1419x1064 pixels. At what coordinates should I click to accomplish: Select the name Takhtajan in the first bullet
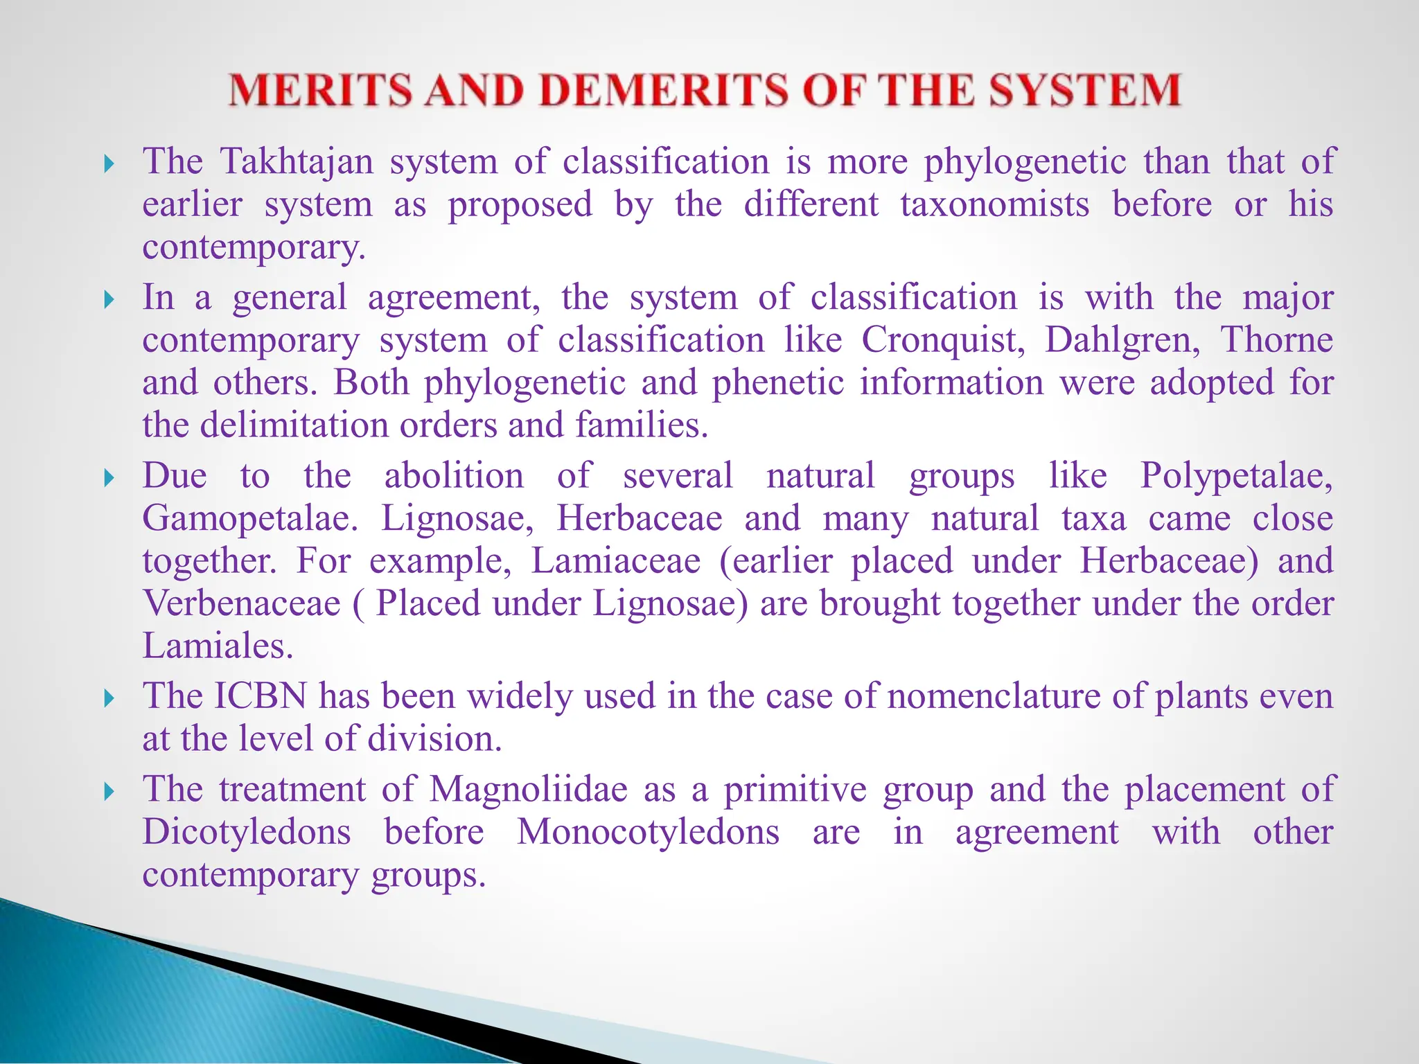click(297, 161)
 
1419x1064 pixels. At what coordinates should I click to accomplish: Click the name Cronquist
click(943, 340)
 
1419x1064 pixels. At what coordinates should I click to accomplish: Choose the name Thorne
click(1276, 340)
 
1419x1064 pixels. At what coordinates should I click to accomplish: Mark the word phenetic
click(778, 383)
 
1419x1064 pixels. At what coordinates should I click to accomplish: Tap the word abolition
click(454, 476)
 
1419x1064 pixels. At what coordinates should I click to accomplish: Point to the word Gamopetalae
click(250, 519)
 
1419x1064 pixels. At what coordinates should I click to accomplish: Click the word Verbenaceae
click(242, 603)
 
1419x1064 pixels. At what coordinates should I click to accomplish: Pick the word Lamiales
click(218, 646)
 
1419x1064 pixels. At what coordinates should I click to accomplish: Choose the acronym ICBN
click(260, 696)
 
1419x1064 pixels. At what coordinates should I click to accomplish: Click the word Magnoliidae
click(528, 790)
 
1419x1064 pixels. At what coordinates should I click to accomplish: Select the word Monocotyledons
click(649, 832)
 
